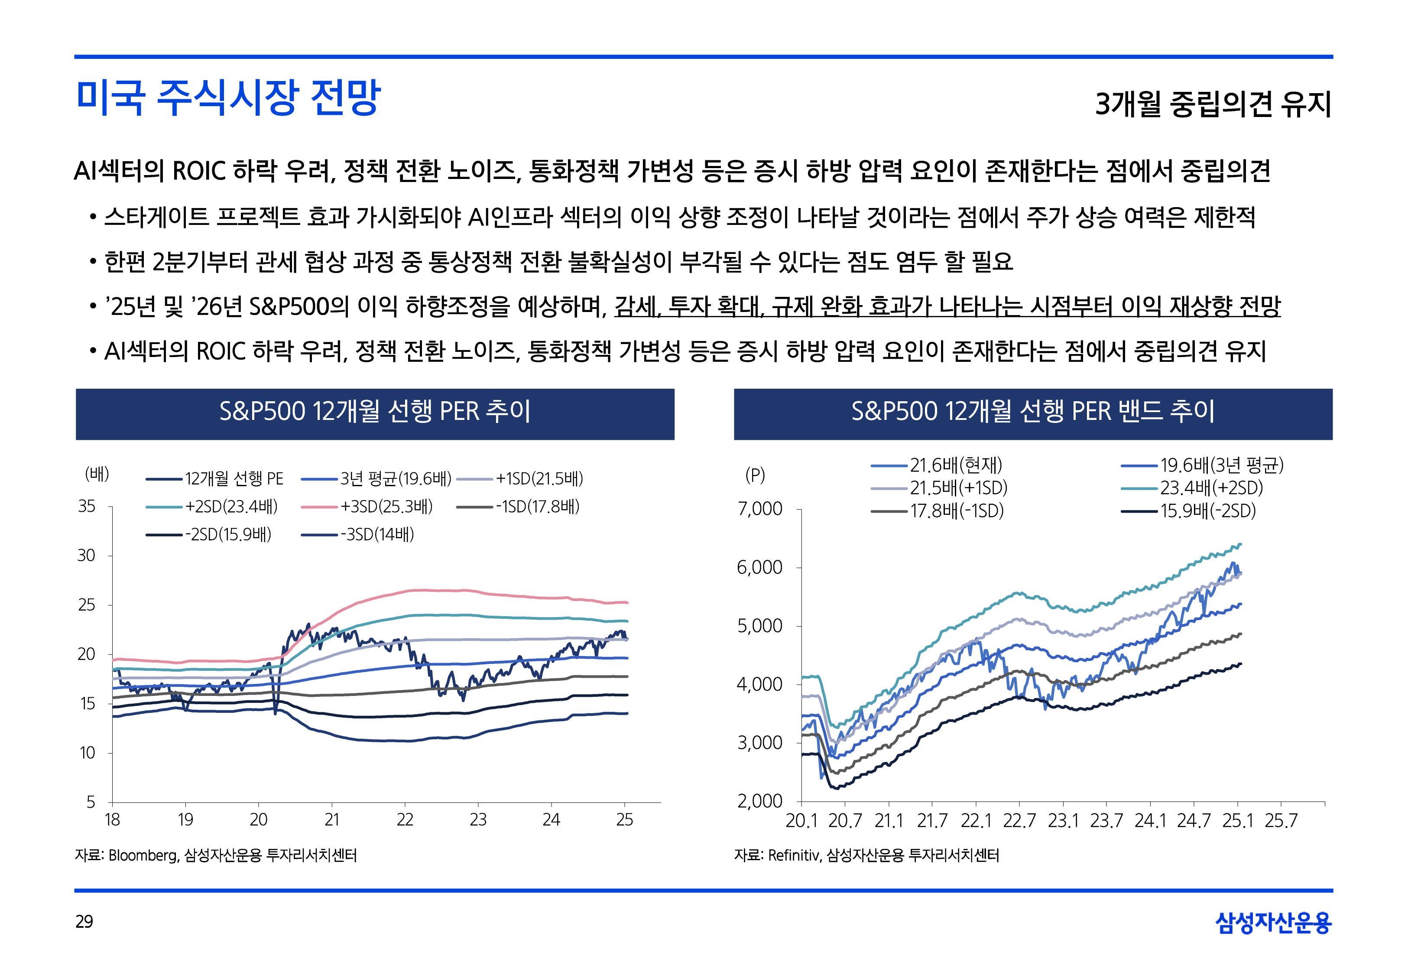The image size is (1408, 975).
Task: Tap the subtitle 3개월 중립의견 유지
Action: (1213, 104)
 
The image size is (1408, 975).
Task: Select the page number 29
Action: (84, 921)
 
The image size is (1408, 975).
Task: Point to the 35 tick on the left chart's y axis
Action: (87, 507)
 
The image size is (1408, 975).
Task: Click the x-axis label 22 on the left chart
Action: (405, 820)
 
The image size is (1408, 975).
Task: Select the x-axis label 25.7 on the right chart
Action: (1280, 820)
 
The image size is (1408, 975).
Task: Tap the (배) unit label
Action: (97, 474)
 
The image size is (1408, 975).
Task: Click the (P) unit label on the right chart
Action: (755, 475)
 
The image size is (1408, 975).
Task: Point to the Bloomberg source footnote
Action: (216, 855)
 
